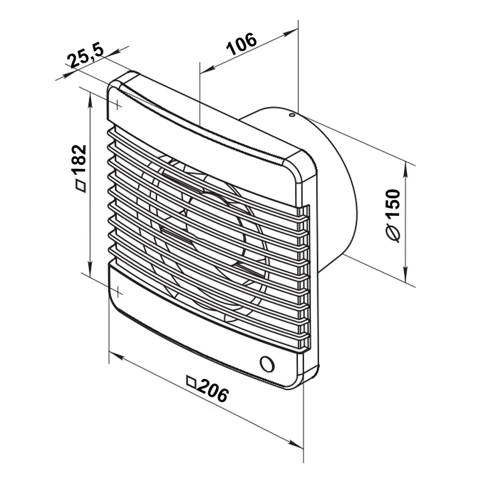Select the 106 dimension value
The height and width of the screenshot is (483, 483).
click(241, 44)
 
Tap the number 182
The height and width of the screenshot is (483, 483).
click(79, 160)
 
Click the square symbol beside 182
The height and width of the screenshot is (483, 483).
click(81, 186)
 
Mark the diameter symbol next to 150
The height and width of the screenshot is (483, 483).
click(393, 233)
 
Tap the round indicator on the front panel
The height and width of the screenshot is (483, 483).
click(267, 364)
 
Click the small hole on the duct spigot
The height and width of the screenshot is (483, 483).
click(291, 115)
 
